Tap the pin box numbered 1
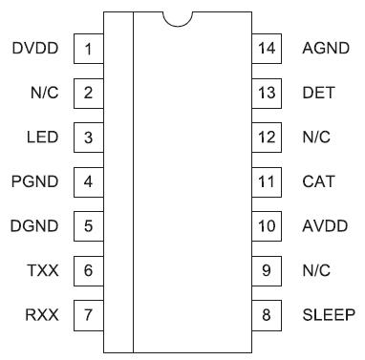tap(88, 49)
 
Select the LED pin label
tap(43, 138)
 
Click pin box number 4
tap(88, 181)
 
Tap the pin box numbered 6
tap(88, 271)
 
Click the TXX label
tap(43, 271)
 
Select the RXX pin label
tap(42, 315)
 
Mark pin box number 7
tap(88, 315)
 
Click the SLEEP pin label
tap(328, 315)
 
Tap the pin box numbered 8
tap(268, 315)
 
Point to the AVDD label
tap(324, 226)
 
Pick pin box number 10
tap(268, 226)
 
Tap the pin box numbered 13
tap(268, 93)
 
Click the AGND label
tap(324, 48)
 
